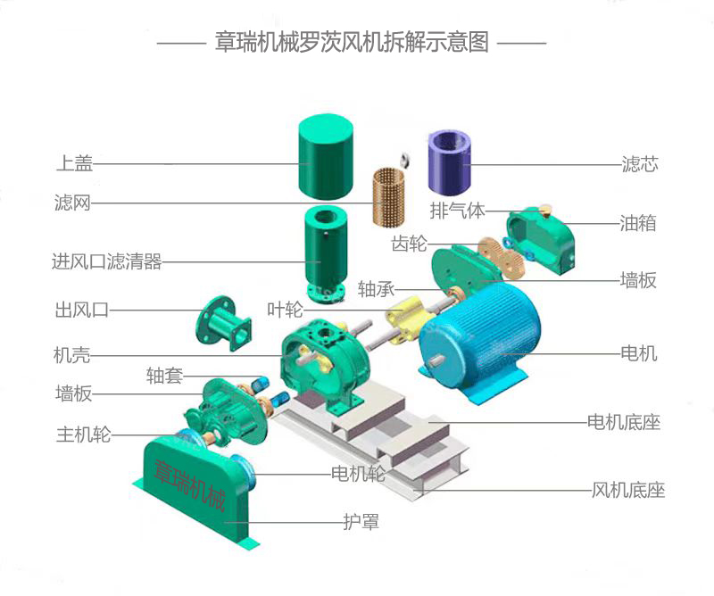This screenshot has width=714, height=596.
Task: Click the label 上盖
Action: pos(74,163)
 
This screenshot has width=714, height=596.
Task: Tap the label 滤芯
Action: pos(639,164)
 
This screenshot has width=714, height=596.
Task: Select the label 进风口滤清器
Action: pos(106,262)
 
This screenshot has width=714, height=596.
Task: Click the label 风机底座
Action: pos(628,491)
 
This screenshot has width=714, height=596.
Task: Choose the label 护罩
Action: pos(361,522)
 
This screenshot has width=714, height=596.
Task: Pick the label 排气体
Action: pos(457,211)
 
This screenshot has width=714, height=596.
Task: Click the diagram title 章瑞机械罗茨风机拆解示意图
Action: pos(352,42)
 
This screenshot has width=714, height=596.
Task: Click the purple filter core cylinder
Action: pos(451,161)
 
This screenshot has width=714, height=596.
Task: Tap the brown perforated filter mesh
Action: pos(389,194)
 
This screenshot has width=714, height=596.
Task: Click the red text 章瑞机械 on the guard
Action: pos(190,482)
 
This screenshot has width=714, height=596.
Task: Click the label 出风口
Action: pos(81,310)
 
